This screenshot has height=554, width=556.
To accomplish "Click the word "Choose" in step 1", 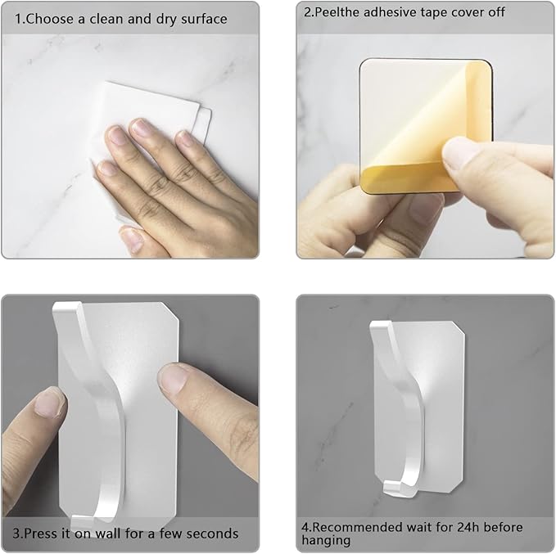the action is (49, 19).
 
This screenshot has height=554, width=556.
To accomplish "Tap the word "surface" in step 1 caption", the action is (204, 19).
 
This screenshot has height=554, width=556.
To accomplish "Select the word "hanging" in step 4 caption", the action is (326, 541).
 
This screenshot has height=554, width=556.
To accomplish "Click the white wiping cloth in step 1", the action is (149, 117).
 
